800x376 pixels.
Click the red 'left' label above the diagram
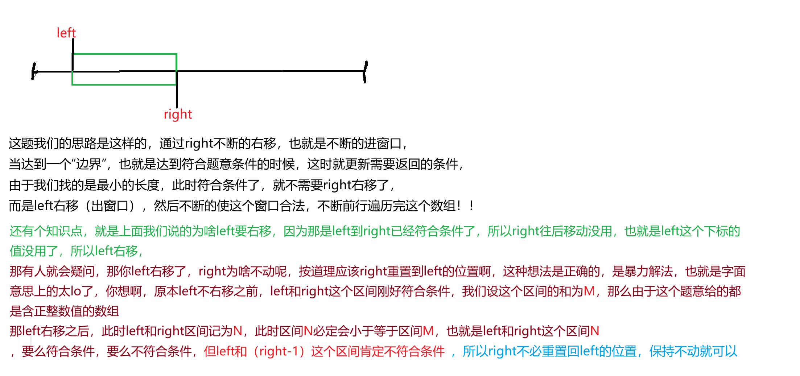click(66, 33)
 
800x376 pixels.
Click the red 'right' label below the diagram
click(178, 115)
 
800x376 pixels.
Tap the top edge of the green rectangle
click(124, 54)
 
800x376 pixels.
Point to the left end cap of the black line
click(34, 71)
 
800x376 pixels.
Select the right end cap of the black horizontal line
click(365, 71)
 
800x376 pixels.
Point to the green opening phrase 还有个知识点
click(46, 231)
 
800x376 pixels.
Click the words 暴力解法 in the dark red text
click(642, 271)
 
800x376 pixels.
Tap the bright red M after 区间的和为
click(589, 291)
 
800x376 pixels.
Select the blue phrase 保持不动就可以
click(693, 351)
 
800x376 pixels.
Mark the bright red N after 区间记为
click(238, 331)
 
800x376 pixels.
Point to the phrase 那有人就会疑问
click(52, 271)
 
